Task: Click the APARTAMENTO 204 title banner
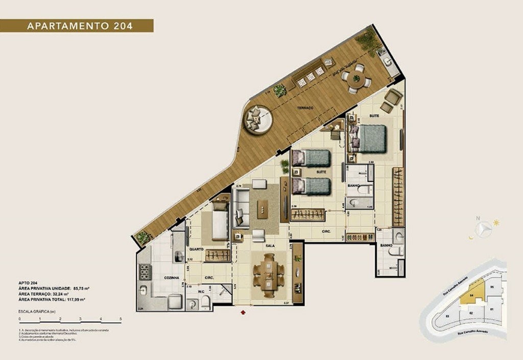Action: point(77,26)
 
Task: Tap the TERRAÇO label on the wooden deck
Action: point(306,109)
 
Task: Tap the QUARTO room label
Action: point(196,249)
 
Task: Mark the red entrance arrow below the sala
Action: point(244,310)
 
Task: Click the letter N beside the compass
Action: point(479,219)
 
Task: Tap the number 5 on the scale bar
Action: point(121,319)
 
